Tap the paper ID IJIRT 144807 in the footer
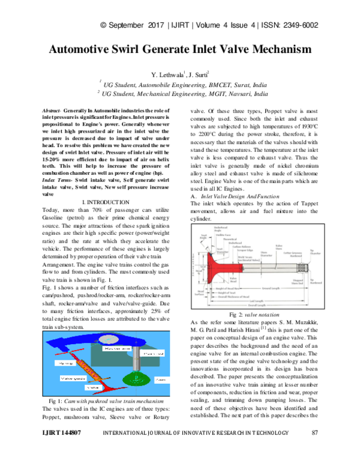(61, 450)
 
